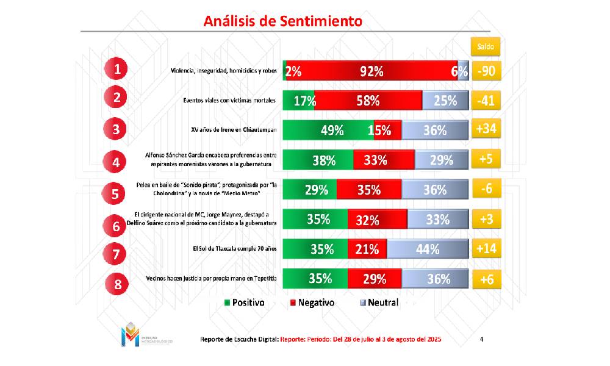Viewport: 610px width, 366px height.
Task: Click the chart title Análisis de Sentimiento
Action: (282, 21)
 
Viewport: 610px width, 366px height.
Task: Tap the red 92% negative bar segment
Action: (371, 71)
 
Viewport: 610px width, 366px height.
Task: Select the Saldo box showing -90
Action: (487, 71)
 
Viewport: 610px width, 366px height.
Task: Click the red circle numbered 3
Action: (115, 129)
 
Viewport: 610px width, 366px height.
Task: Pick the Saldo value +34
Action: (487, 129)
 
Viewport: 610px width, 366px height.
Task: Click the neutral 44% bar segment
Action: (428, 249)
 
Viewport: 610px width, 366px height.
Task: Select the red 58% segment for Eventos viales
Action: (368, 101)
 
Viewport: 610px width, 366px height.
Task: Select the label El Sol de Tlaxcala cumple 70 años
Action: (234, 248)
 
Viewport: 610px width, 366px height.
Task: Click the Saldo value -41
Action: (487, 100)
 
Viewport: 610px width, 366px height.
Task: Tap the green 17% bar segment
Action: (299, 101)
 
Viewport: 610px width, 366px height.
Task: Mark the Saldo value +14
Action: (487, 248)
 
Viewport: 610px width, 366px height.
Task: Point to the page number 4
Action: (482, 339)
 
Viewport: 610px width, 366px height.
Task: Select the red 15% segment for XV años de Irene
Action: (384, 130)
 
